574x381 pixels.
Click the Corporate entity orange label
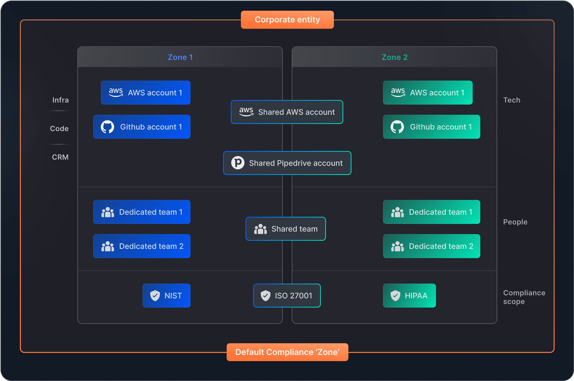point(287,20)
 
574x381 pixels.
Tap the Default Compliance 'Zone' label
point(287,352)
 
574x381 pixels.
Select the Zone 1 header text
point(180,57)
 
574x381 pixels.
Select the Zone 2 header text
point(394,57)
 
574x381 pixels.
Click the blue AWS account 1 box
point(146,93)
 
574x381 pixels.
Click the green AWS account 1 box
point(428,93)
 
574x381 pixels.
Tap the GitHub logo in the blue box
point(107,127)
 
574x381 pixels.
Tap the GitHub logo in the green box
point(397,127)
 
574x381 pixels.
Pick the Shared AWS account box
point(287,112)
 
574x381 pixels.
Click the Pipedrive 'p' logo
point(238,163)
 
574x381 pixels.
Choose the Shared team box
point(286,229)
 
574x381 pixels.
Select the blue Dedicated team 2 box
point(142,246)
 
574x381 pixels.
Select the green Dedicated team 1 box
point(432,212)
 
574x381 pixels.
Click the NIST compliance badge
point(167,296)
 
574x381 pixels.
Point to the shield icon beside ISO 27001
point(265,296)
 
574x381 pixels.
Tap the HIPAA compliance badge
point(409,296)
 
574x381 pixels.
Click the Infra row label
point(61,100)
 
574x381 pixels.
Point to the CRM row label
point(60,157)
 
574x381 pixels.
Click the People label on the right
point(515,222)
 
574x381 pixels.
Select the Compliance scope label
point(524,297)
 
